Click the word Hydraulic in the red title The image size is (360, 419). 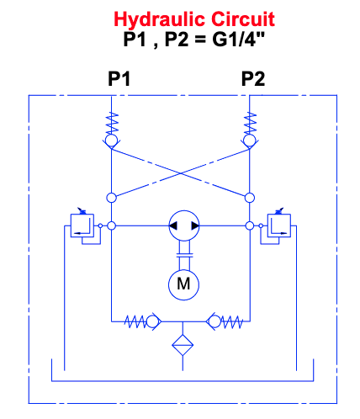pyautogui.click(x=159, y=19)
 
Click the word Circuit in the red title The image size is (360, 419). pyautogui.click(x=243, y=19)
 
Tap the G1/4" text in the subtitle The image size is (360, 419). pyautogui.click(x=238, y=39)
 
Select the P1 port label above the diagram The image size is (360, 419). pyautogui.click(x=119, y=79)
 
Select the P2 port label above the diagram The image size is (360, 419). pyautogui.click(x=253, y=79)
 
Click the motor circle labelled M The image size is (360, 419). pyautogui.click(x=183, y=284)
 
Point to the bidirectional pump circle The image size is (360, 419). pyautogui.click(x=184, y=225)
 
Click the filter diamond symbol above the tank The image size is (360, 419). pyautogui.click(x=183, y=345)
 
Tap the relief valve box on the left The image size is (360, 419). pyautogui.click(x=82, y=225)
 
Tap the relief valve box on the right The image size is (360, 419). pyautogui.click(x=279, y=225)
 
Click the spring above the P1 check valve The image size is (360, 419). pyautogui.click(x=112, y=123)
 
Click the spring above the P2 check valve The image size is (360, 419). pyautogui.click(x=250, y=123)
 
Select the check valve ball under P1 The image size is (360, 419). pyautogui.click(x=111, y=140)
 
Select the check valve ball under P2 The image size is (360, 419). pyautogui.click(x=250, y=140)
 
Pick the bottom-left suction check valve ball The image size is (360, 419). pyautogui.click(x=152, y=321)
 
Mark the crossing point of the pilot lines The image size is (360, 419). pyautogui.click(x=181, y=173)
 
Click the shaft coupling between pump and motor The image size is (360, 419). pyautogui.click(x=184, y=255)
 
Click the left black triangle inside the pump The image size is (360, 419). pyautogui.click(x=173, y=225)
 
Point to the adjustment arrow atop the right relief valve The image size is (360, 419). pyautogui.click(x=280, y=211)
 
